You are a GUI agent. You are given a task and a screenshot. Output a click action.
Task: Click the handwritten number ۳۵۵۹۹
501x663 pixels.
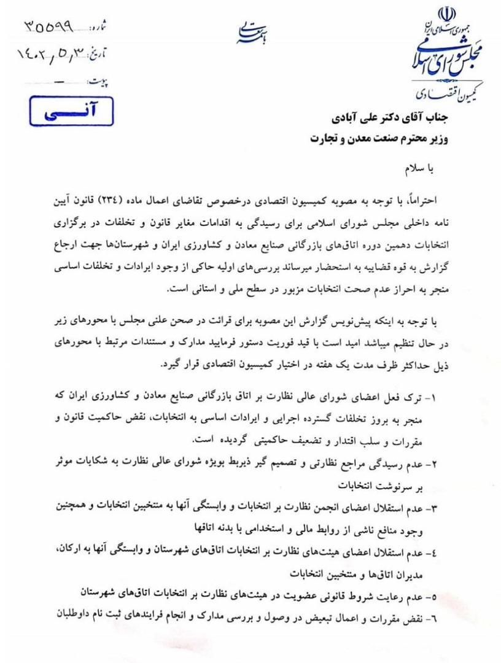click(56, 26)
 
